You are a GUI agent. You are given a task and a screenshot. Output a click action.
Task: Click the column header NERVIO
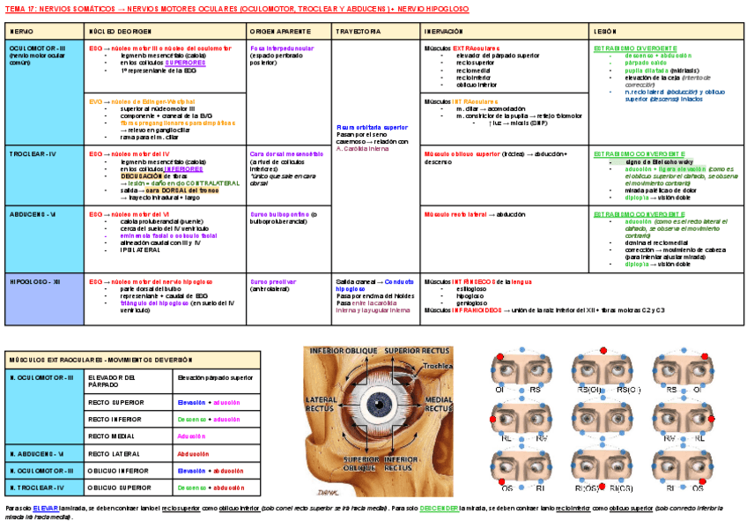[22, 31]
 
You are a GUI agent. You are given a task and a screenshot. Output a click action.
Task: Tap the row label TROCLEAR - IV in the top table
[33, 153]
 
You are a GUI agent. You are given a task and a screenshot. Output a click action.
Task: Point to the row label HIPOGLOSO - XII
[34, 281]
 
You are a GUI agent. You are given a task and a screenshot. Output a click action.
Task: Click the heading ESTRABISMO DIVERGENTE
[635, 48]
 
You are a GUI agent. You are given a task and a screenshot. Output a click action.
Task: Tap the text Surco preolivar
[271, 281]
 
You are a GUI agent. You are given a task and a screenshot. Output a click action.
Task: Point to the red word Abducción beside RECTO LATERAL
[194, 453]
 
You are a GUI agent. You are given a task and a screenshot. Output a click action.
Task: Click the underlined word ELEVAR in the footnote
[47, 509]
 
